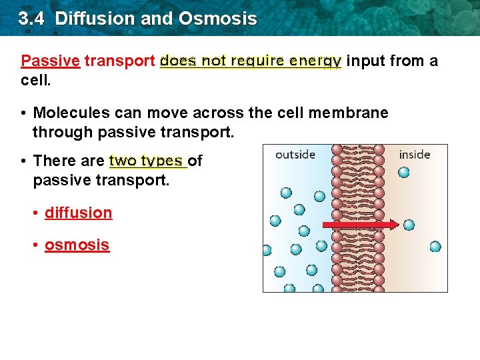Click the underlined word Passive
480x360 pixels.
pyautogui.click(x=50, y=61)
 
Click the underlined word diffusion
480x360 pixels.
pyautogui.click(x=78, y=213)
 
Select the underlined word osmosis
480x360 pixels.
pyautogui.click(x=77, y=245)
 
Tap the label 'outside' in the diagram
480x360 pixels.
pyautogui.click(x=295, y=155)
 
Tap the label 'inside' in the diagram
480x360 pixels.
pyautogui.click(x=414, y=155)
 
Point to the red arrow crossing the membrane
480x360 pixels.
pyautogui.click(x=359, y=225)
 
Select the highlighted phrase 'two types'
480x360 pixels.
pyautogui.click(x=146, y=161)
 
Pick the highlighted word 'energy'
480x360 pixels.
pyautogui.click(x=316, y=61)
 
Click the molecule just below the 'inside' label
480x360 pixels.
pyautogui.click(x=403, y=173)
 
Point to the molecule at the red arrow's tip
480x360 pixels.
pyautogui.click(x=409, y=225)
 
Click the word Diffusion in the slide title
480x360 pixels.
pyautogui.click(x=97, y=18)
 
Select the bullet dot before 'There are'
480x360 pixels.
pyautogui.click(x=23, y=161)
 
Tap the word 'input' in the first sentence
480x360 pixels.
pyautogui.click(x=365, y=61)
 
